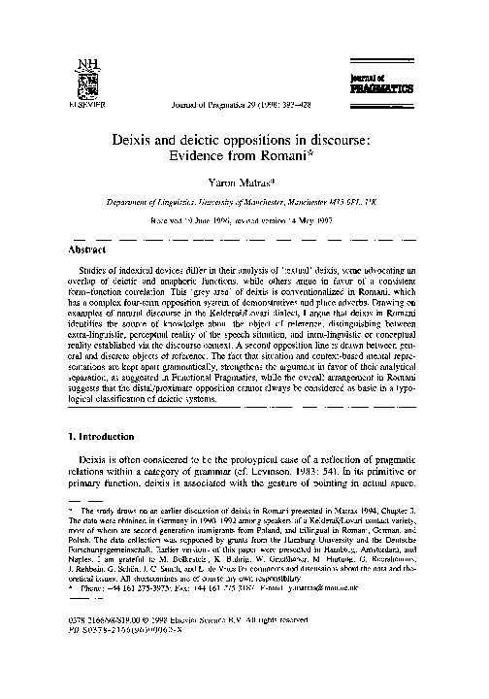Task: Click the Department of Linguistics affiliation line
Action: [x=244, y=201]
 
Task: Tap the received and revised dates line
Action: [x=244, y=218]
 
